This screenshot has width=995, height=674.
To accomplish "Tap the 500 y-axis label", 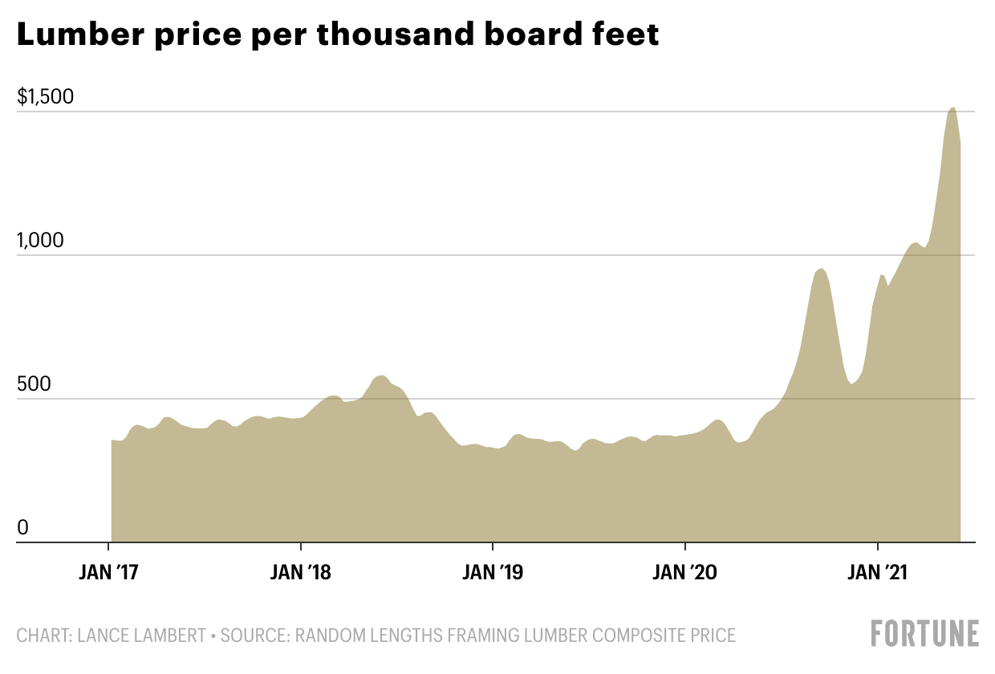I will point(35,384).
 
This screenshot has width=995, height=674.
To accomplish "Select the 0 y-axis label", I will point(23,527).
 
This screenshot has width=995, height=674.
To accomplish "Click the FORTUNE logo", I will point(925,633).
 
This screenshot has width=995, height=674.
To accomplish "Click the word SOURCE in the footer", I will point(254,635).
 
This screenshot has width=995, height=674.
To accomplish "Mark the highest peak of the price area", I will point(952,108).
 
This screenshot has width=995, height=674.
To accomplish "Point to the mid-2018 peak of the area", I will point(382,376).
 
